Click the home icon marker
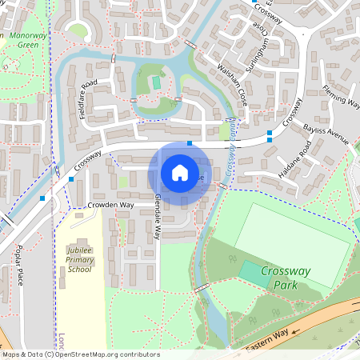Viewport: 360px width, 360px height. point(180,172)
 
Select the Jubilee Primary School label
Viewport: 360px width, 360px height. point(79,259)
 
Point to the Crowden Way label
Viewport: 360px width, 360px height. point(111,206)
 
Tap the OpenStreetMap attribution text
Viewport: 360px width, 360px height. point(80,354)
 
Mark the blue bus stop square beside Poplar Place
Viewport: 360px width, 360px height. point(42,198)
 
